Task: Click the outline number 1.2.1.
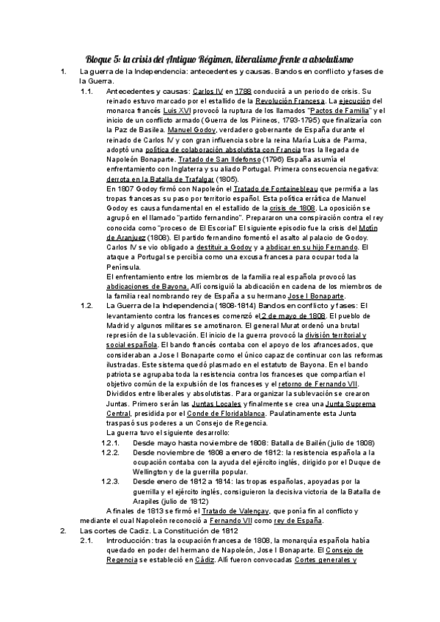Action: click(x=111, y=443)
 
